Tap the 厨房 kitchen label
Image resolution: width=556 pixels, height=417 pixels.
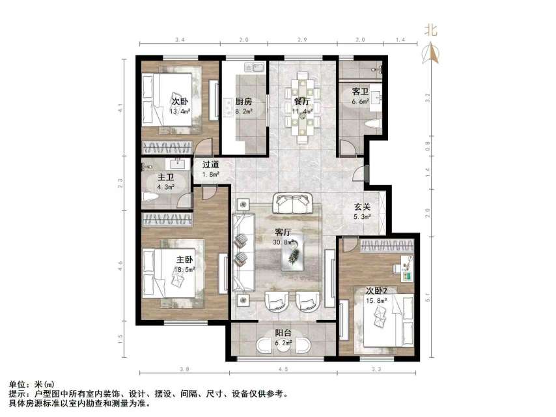244,102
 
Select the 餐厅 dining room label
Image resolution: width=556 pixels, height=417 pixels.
301,102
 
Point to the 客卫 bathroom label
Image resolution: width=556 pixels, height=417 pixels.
361,92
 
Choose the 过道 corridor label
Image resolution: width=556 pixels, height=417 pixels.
210,165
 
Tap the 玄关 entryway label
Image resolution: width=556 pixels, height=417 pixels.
363,207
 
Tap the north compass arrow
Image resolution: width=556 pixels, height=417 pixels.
431,52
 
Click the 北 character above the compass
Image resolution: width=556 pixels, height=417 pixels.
431,29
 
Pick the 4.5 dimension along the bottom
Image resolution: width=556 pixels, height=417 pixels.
283,371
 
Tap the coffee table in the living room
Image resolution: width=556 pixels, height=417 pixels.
292,253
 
